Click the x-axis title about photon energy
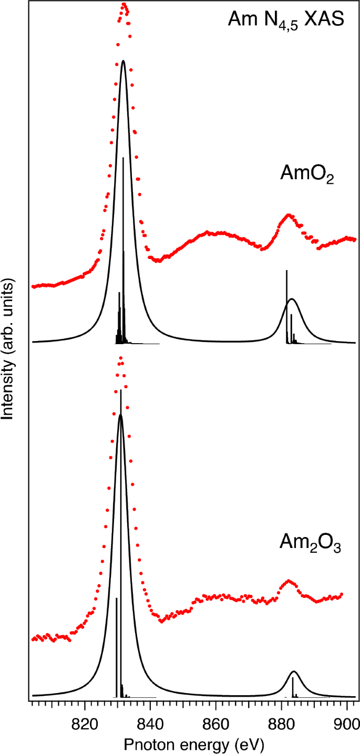tap(193, 743)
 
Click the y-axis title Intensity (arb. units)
tap(9, 348)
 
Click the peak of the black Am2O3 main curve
tap(121, 415)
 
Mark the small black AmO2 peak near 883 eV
tap(292, 299)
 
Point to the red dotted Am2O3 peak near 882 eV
tap(288, 581)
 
